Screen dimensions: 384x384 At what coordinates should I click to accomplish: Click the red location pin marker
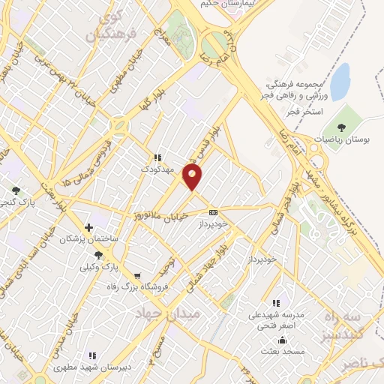point(193,178)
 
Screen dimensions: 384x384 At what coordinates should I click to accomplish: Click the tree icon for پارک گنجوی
point(15,191)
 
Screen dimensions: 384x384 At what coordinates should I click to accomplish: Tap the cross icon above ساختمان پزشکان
point(89,226)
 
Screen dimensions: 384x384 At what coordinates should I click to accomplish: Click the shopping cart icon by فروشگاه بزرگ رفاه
point(136,275)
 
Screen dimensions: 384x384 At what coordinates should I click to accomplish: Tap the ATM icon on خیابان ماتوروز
point(214,213)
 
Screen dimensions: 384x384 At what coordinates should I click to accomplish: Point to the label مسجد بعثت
point(282,352)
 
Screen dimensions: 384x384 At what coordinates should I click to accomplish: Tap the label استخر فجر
point(303,111)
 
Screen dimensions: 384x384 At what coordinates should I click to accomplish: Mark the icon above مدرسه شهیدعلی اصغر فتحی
point(277,304)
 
